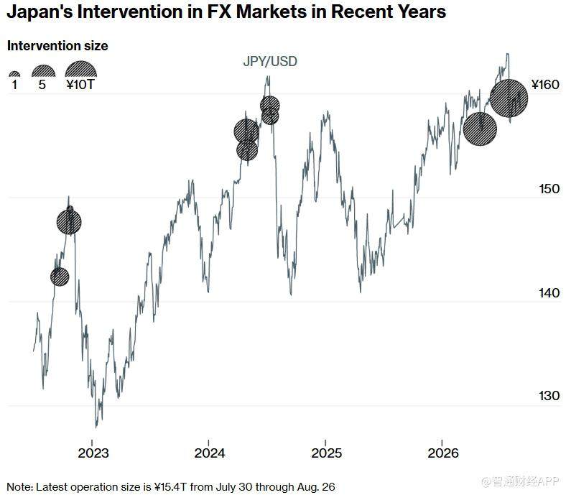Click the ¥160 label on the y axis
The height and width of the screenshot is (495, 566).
pyautogui.click(x=545, y=85)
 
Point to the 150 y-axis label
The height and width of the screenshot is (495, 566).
pyautogui.click(x=549, y=189)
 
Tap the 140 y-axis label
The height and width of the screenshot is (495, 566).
pyautogui.click(x=549, y=293)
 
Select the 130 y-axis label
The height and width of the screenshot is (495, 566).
pyautogui.click(x=549, y=396)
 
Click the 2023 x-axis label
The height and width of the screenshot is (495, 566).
pyautogui.click(x=93, y=453)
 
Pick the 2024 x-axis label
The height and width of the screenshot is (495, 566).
pyautogui.click(x=210, y=453)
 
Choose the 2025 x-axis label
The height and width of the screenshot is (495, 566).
pyautogui.click(x=326, y=453)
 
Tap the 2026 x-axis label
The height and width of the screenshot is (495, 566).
pyautogui.click(x=443, y=453)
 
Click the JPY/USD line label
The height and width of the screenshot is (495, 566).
pyautogui.click(x=270, y=61)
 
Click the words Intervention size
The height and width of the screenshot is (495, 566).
pyautogui.click(x=57, y=46)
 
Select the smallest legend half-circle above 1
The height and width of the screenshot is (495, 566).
pyautogui.click(x=14, y=75)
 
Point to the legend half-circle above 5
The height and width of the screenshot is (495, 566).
pyautogui.click(x=43, y=72)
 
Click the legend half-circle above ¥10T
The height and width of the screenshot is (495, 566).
pyautogui.click(x=81, y=69)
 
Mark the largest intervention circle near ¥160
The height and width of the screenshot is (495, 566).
pyautogui.click(x=509, y=98)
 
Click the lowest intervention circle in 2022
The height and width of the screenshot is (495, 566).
pyautogui.click(x=60, y=277)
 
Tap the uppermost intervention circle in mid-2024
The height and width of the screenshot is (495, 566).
pyautogui.click(x=269, y=106)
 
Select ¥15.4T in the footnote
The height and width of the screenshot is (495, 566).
pyautogui.click(x=170, y=486)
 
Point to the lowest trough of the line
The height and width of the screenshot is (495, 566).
pyautogui.click(x=96, y=427)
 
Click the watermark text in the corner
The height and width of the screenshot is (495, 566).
pyautogui.click(x=521, y=481)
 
